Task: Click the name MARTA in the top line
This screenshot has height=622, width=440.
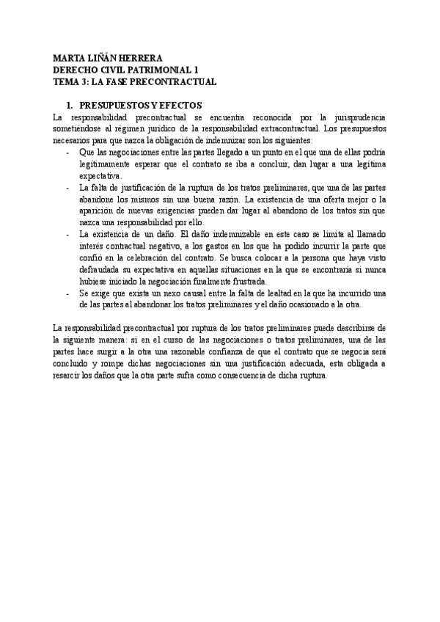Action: pos(71,58)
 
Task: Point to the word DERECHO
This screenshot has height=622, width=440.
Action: pos(77,70)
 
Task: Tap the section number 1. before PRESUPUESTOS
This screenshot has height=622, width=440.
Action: pos(71,105)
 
